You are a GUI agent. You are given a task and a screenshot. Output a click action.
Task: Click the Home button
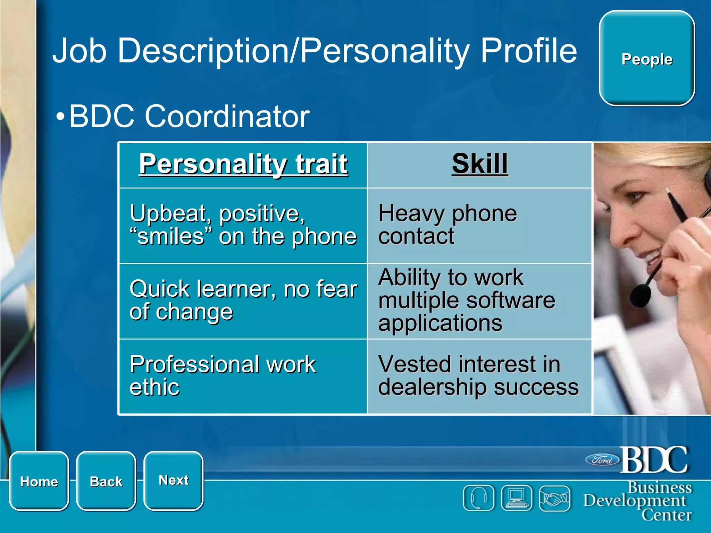(x=39, y=481)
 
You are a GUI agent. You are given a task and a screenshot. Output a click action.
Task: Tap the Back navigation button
(x=106, y=481)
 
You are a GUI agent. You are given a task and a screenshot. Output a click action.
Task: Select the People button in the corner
(x=646, y=59)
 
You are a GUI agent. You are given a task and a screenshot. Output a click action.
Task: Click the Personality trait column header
(x=243, y=164)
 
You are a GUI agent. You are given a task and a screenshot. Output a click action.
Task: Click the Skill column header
(x=479, y=164)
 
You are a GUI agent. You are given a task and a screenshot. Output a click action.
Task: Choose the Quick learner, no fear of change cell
(x=243, y=301)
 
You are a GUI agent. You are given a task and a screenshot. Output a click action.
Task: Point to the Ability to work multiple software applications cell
(x=479, y=301)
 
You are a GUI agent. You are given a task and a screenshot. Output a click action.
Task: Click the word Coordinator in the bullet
(x=227, y=116)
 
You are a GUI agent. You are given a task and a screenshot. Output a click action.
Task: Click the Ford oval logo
(x=602, y=460)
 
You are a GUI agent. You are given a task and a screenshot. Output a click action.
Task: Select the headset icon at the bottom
(x=478, y=498)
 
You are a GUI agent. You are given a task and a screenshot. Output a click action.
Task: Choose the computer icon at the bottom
(x=517, y=498)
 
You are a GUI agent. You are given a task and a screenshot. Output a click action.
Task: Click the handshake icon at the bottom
(x=554, y=498)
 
